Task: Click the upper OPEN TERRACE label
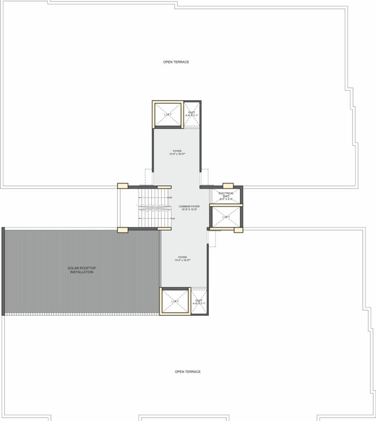[176, 62]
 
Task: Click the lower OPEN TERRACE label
[187, 372]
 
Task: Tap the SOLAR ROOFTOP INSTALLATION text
[81, 270]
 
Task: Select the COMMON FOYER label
[187, 206]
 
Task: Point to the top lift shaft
[167, 114]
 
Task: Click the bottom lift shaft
[174, 301]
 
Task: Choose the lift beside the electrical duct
[226, 218]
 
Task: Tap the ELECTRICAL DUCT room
[226, 195]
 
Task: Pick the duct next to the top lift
[191, 114]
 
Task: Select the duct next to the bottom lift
[198, 301]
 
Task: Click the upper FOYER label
[176, 151]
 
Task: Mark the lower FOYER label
[182, 257]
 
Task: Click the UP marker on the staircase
[173, 219]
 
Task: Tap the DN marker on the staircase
[170, 197]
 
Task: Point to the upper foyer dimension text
[178, 155]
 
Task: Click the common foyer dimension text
[187, 209]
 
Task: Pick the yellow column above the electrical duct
[227, 186]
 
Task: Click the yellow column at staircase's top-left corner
[122, 186]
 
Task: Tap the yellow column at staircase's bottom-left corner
[122, 230]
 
